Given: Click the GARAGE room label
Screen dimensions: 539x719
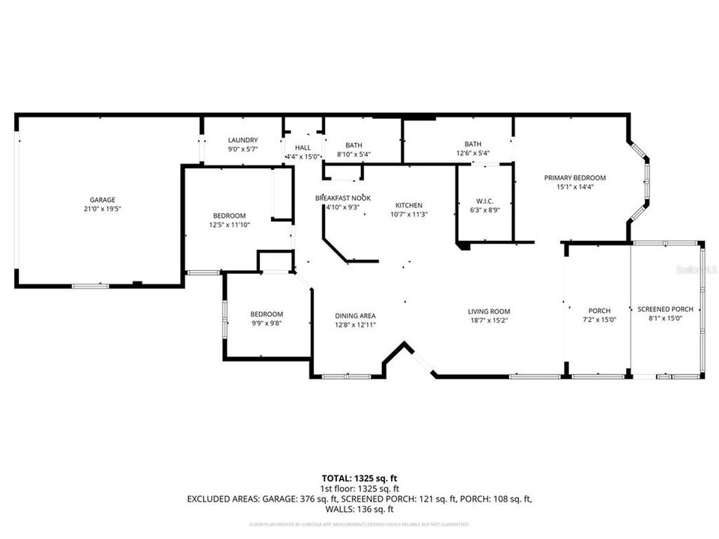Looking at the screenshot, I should pyautogui.click(x=103, y=200).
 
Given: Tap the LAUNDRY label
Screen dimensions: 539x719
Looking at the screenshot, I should pyautogui.click(x=243, y=140).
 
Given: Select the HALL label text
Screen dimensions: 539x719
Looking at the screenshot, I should pyautogui.click(x=303, y=147).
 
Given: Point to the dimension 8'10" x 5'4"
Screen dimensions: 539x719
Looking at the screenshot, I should pyautogui.click(x=354, y=155).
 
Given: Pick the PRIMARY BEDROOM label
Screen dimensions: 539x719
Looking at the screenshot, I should pyautogui.click(x=574, y=177).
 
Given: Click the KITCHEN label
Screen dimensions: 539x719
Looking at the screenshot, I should pyautogui.click(x=409, y=205).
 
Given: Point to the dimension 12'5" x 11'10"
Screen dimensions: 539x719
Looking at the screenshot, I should pyautogui.click(x=228, y=225).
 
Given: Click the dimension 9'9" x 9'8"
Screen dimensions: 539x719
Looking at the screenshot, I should pyautogui.click(x=266, y=323).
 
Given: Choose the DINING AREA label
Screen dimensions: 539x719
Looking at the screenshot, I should pyautogui.click(x=355, y=315).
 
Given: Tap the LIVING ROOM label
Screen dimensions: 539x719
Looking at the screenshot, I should pyautogui.click(x=488, y=311).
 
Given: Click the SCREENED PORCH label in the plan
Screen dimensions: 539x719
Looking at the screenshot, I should pyautogui.click(x=665, y=309).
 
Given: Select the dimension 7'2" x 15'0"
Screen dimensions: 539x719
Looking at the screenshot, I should pyautogui.click(x=599, y=320).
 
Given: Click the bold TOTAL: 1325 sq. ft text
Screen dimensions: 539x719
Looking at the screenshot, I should pyautogui.click(x=359, y=477).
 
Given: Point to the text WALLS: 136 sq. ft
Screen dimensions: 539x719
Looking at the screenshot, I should pyautogui.click(x=359, y=509).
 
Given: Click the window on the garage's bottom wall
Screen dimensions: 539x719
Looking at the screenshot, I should pyautogui.click(x=90, y=285).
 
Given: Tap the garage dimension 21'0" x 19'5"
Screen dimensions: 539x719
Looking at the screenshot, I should pyautogui.click(x=103, y=210).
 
